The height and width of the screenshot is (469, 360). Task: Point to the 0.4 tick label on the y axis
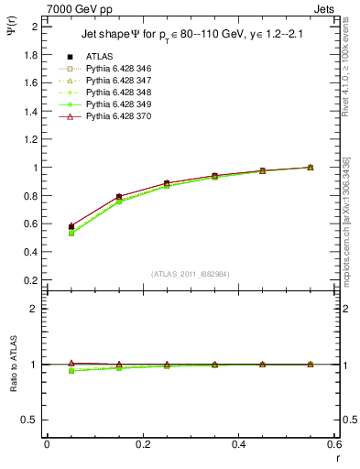pos(29,253)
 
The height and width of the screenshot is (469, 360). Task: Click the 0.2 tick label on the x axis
pos(142,445)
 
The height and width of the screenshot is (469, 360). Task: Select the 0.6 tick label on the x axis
pos(334,445)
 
